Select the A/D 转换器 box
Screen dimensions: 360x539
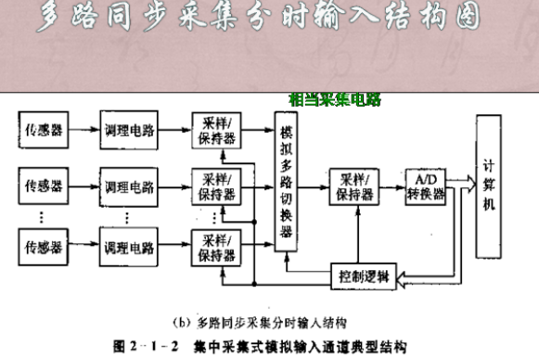click(x=426, y=185)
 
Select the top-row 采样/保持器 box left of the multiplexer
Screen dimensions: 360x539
click(x=215, y=130)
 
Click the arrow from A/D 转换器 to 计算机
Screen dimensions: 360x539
click(x=461, y=185)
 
